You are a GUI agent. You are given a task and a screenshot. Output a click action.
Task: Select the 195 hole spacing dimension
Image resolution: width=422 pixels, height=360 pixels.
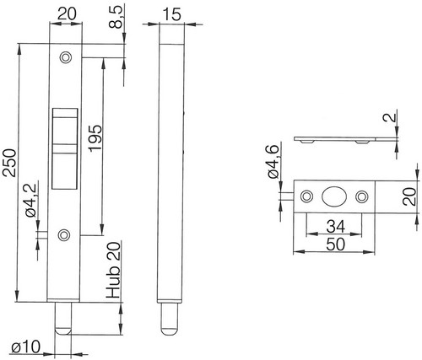pos(95,138)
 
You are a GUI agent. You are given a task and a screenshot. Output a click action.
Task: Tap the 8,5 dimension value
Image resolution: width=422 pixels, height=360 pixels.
pos(116,17)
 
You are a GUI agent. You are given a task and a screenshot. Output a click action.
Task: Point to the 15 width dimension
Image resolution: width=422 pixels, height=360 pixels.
pos(172,14)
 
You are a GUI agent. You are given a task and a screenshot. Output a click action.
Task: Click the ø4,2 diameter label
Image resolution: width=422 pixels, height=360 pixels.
pos(30,201)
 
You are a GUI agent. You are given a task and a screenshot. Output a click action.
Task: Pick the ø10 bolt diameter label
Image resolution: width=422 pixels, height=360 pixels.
pos(25,347)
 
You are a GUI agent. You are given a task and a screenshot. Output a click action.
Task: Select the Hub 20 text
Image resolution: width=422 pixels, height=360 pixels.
pos(113,270)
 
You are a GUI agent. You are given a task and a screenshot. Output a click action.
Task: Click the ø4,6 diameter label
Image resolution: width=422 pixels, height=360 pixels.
pos(273,162)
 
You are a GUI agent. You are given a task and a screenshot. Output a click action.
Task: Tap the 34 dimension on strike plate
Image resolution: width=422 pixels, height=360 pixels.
pos(335,227)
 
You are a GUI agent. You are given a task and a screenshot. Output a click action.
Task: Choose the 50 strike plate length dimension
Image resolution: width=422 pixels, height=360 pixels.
pos(335,244)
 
